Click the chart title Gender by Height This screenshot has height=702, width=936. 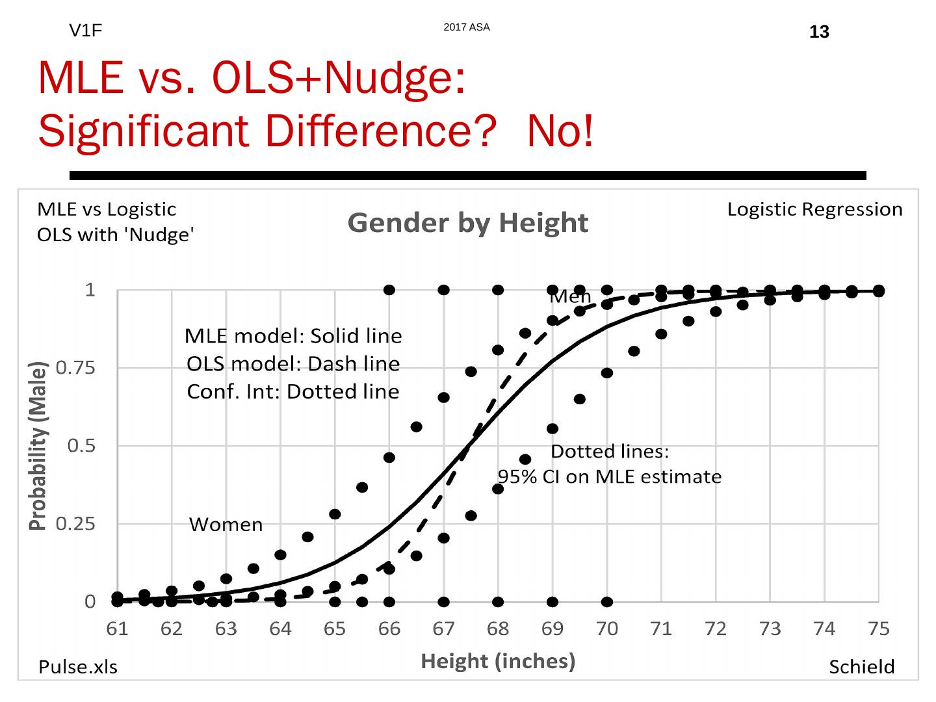[x=467, y=223]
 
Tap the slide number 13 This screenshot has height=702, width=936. [x=819, y=32]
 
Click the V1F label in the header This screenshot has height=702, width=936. [x=85, y=31]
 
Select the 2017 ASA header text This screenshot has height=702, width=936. [x=466, y=27]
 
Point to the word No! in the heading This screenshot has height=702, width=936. [x=560, y=131]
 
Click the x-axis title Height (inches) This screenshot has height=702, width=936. [x=498, y=661]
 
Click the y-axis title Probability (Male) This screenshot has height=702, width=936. [x=38, y=446]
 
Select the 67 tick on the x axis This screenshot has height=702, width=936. [x=443, y=629]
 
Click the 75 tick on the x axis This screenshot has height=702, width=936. [x=878, y=629]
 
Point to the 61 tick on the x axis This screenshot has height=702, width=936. [x=117, y=629]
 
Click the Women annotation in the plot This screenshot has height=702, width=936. [x=226, y=525]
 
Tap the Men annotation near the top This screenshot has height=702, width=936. [x=570, y=297]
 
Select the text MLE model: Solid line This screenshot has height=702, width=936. [x=293, y=336]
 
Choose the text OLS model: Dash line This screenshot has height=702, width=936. [x=293, y=364]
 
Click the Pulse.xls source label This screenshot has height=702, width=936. [x=78, y=667]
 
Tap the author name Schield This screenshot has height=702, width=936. [x=861, y=667]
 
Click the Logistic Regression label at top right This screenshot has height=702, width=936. [x=814, y=209]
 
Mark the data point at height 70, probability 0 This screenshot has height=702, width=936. [x=607, y=602]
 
